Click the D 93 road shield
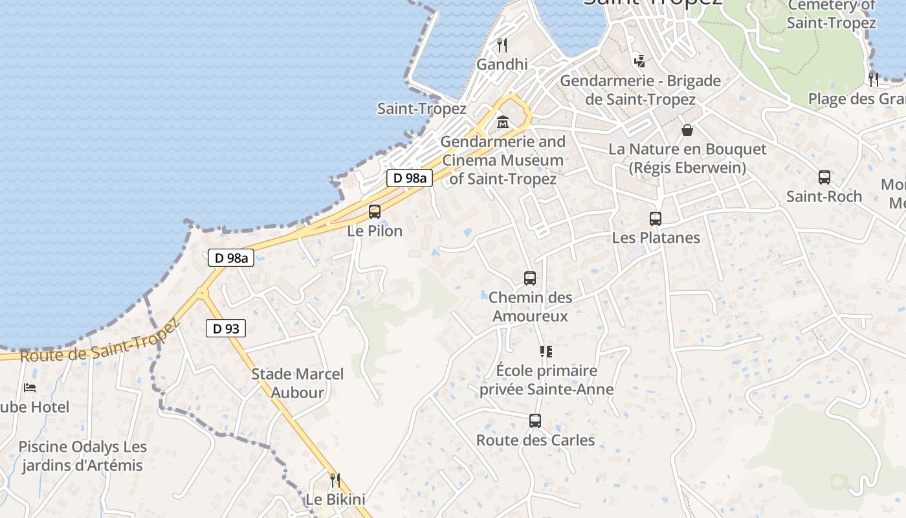(226, 328)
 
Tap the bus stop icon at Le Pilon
(375, 211)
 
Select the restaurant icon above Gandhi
(502, 45)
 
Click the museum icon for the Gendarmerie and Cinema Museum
(502, 122)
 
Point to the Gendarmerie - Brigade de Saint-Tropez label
(640, 90)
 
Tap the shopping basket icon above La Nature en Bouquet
(687, 130)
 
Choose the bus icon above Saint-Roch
(824, 177)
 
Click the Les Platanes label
(656, 238)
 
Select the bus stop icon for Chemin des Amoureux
(530, 278)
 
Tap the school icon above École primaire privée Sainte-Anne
(546, 352)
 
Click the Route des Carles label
(535, 440)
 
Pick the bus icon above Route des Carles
(535, 421)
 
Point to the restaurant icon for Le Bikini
(335, 480)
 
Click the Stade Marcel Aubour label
(298, 383)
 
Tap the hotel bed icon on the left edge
(30, 388)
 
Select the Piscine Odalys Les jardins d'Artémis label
(82, 456)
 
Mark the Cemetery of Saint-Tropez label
(832, 14)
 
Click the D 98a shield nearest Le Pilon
(410, 178)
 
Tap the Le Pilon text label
(375, 231)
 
